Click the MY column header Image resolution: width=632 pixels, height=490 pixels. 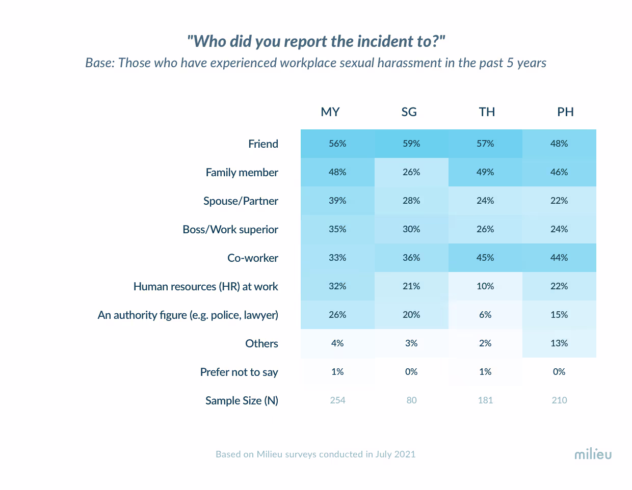pyautogui.click(x=330, y=112)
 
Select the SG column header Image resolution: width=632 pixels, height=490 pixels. pyautogui.click(x=409, y=112)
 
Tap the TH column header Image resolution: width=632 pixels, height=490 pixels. pyautogui.click(x=487, y=112)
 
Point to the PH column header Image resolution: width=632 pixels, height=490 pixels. pyautogui.click(x=565, y=112)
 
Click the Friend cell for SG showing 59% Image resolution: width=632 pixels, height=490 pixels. pyautogui.click(x=411, y=144)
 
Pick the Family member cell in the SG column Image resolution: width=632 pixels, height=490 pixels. pyautogui.click(x=411, y=172)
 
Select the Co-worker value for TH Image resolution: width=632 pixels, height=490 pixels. pyautogui.click(x=485, y=258)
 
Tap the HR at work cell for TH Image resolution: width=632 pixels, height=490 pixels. pyautogui.click(x=485, y=286)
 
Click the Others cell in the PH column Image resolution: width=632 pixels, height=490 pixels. pyautogui.click(x=559, y=343)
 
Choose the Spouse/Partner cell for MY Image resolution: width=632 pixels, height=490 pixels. pyautogui.click(x=337, y=201)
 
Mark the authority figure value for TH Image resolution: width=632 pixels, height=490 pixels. pyautogui.click(x=485, y=315)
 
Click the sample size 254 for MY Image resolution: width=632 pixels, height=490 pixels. pyautogui.click(x=337, y=400)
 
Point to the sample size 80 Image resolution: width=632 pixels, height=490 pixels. pyautogui.click(x=411, y=400)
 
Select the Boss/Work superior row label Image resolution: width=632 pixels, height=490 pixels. pyautogui.click(x=230, y=230)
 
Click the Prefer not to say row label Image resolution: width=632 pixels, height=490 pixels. pyautogui.click(x=239, y=372)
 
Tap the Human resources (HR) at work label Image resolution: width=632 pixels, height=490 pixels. pyautogui.click(x=206, y=287)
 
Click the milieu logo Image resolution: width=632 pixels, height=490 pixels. pyautogui.click(x=593, y=454)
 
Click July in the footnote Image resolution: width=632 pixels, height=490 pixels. pyautogui.click(x=383, y=454)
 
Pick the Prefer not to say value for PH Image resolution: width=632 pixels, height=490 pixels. pyautogui.click(x=559, y=372)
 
